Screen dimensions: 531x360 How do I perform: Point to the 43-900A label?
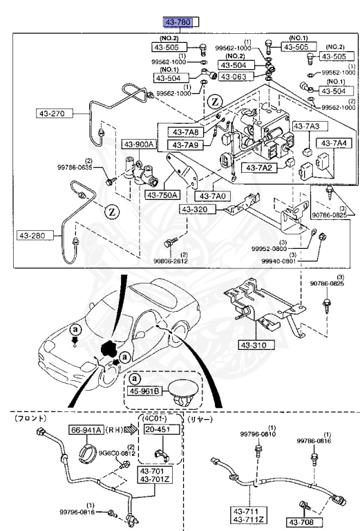140,145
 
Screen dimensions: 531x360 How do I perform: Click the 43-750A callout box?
163,195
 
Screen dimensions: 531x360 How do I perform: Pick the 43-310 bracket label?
258,345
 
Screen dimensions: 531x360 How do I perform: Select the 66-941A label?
86,429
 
